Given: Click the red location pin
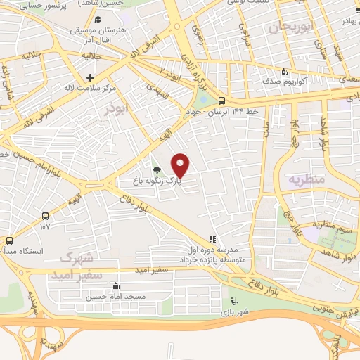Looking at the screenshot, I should click(x=181, y=165).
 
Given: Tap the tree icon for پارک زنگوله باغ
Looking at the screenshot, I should click(x=156, y=170).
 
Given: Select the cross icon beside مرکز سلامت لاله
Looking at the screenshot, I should click(x=89, y=77).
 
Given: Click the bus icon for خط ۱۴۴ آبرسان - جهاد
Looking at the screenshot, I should click(x=221, y=100).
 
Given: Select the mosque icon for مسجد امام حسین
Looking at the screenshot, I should click(x=116, y=286).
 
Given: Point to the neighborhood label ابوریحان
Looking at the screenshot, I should click(x=289, y=27).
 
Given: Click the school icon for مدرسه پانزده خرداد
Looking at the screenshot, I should click(x=212, y=240).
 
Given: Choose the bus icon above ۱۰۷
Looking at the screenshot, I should click(x=46, y=216).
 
